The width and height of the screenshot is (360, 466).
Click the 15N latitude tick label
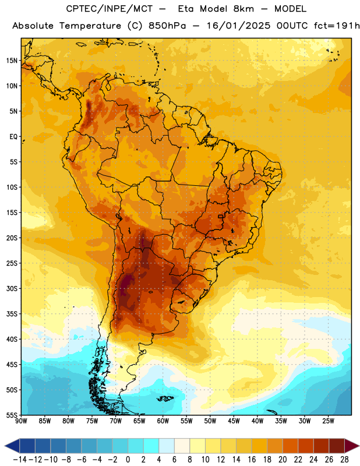pos(12,61)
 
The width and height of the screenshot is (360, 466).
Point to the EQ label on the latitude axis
pos(13,137)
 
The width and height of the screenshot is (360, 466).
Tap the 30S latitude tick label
pos(12,288)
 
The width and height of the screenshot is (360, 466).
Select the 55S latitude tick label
pos(12,415)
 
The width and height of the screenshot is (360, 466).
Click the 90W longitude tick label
pos(22,421)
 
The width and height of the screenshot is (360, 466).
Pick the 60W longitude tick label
pos(163,421)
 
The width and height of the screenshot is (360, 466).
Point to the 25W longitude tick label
pos(328,421)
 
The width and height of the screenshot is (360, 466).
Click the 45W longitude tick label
pos(234,421)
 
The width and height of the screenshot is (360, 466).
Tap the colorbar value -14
pos(20,460)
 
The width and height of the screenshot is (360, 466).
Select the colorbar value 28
pos(344,460)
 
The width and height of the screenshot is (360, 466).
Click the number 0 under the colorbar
pos(128,460)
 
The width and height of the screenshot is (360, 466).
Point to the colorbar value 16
pos(252,460)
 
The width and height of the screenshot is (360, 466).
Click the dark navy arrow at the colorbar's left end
pos(12,446)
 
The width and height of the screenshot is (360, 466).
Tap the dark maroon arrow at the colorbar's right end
pos(352,446)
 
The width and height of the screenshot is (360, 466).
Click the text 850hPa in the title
pos(167,26)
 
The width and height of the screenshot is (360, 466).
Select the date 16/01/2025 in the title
pos(239,26)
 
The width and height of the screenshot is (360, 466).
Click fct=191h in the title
pos(337,26)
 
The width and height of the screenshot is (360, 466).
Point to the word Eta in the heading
pos(186,9)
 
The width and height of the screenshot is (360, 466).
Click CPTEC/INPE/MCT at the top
pos(109,9)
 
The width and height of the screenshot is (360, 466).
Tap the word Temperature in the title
pos(90,26)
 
